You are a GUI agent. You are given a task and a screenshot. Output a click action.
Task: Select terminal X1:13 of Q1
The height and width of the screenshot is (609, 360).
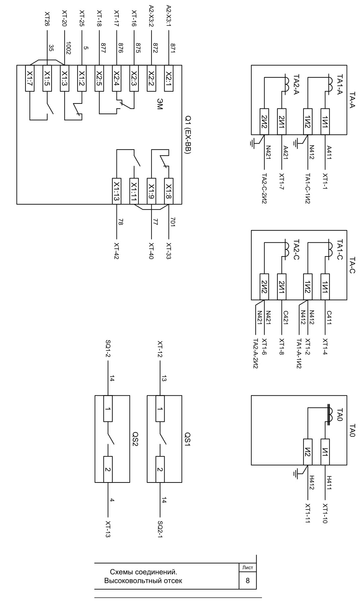116,191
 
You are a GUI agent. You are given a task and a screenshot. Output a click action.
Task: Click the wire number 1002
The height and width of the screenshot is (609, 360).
69,48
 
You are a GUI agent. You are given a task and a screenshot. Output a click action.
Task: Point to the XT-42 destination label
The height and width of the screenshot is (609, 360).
116,251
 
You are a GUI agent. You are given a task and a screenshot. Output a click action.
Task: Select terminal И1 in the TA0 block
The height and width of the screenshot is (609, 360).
325,452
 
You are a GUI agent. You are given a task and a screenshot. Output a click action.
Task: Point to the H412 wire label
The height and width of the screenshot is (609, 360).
311,483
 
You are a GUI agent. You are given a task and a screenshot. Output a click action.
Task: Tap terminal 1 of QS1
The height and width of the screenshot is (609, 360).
160,408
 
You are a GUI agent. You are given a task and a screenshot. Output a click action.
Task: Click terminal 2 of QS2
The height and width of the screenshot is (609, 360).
108,469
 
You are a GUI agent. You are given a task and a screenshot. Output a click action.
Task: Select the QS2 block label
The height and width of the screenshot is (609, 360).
136,439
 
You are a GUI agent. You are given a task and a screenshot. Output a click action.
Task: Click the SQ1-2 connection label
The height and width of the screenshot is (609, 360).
108,349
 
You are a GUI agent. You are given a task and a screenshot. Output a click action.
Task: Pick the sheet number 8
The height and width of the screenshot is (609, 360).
248,580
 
